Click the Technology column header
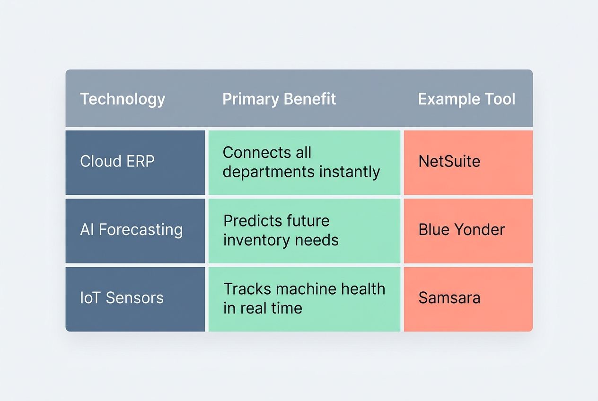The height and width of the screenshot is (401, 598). pyautogui.click(x=123, y=99)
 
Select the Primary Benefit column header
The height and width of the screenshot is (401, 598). pyautogui.click(x=279, y=99)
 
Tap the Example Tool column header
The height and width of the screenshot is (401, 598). pyautogui.click(x=466, y=99)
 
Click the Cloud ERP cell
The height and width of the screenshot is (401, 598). pyautogui.click(x=135, y=162)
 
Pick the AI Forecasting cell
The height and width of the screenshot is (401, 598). pyautogui.click(x=135, y=230)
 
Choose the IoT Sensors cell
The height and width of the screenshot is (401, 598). pyautogui.click(x=135, y=298)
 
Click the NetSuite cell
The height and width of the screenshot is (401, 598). pyautogui.click(x=468, y=162)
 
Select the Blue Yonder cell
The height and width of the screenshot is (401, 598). pyautogui.click(x=468, y=230)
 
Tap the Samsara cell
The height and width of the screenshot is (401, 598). pyautogui.click(x=468, y=298)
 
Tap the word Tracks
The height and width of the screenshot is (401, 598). pyautogui.click(x=246, y=289)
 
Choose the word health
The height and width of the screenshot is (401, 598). pyautogui.click(x=364, y=289)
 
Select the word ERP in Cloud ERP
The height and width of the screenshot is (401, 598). pyautogui.click(x=140, y=162)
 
